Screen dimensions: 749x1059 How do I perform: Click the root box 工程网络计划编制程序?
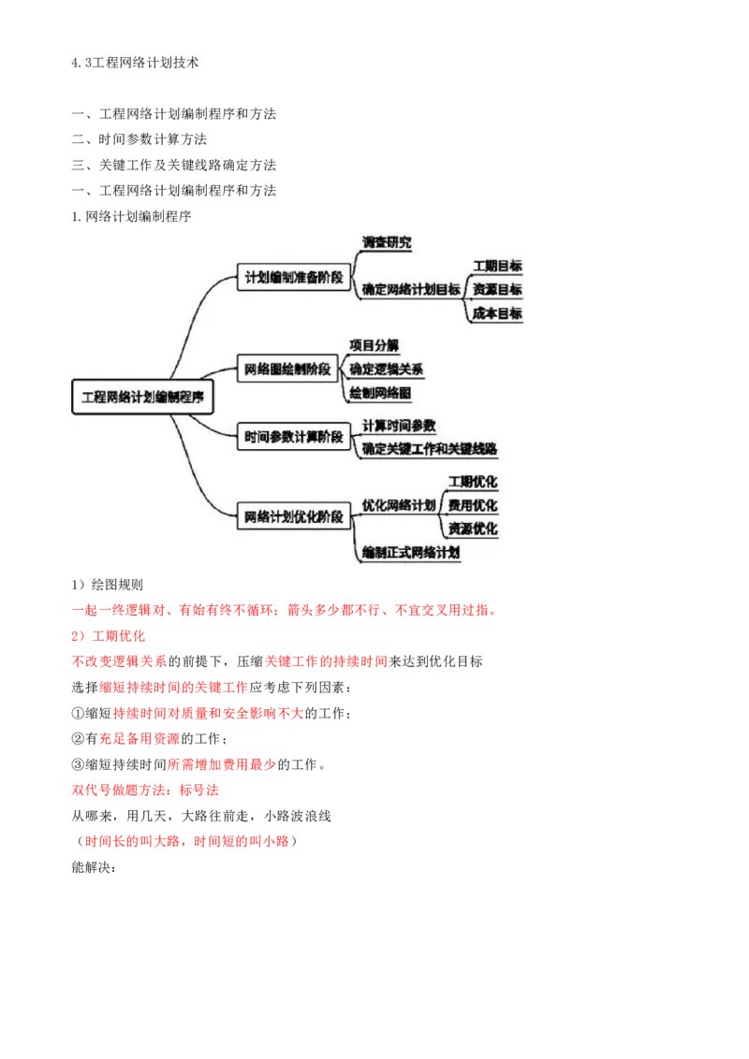tap(142, 397)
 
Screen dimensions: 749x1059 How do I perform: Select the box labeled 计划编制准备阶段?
tap(293, 278)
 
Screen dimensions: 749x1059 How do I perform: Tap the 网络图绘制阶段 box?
tap(286, 369)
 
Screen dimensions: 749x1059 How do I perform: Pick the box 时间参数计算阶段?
tap(293, 436)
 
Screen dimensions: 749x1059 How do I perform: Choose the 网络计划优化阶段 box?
tap(293, 515)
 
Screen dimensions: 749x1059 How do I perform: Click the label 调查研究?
tap(387, 242)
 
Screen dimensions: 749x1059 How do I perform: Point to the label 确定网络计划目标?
tap(411, 289)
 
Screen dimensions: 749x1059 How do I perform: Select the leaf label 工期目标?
tap(497, 267)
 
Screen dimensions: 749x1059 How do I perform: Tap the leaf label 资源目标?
tap(497, 290)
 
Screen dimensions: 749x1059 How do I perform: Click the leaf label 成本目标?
tap(497, 313)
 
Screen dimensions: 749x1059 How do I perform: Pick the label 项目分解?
tap(374, 345)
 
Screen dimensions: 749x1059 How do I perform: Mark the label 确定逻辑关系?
tap(386, 369)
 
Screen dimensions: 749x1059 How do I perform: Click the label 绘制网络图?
tap(379, 393)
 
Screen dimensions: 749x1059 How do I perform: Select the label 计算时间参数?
tap(399, 426)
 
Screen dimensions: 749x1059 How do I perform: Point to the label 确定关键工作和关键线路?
tap(430, 449)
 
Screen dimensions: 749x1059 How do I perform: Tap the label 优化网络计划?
tap(399, 505)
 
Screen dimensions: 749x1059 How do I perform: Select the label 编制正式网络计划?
tap(411, 553)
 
